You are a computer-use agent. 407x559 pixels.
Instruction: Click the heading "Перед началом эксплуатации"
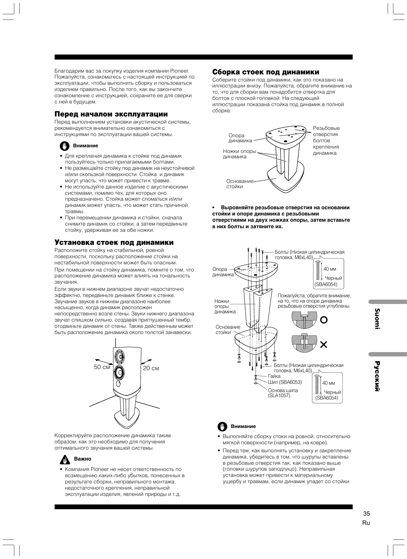point(111,114)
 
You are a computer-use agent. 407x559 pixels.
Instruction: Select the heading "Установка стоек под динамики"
point(114,243)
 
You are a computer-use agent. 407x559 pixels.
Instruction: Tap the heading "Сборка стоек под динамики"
point(266,72)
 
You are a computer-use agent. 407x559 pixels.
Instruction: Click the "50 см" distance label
point(102,367)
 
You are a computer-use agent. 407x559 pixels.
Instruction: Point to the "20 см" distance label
point(151,368)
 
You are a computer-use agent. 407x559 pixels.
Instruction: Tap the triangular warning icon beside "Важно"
point(64,459)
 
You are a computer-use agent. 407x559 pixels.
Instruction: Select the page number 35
point(366,514)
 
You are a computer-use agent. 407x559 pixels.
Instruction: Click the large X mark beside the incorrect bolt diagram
point(324,344)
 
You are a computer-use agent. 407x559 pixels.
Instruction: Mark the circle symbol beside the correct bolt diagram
point(324,320)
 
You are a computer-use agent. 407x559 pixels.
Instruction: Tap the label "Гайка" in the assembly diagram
point(274,376)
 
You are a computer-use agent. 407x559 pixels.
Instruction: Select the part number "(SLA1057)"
point(279,395)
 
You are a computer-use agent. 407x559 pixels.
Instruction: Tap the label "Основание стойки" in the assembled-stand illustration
point(240,184)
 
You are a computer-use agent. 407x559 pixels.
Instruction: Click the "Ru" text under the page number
point(366,523)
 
